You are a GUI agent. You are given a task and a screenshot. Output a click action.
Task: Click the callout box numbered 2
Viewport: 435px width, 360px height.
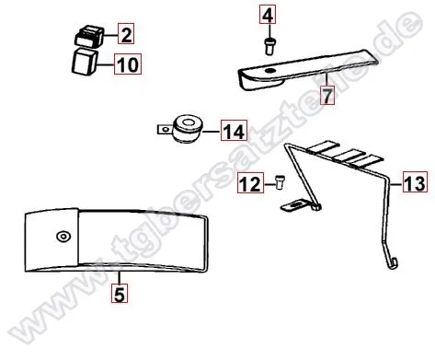point(125,36)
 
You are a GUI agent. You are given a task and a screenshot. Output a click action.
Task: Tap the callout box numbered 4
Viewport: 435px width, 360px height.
point(268,16)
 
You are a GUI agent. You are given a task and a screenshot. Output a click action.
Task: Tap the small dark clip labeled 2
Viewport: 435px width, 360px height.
point(87,38)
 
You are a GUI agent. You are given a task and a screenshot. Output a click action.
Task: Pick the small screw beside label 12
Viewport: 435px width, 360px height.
point(273,184)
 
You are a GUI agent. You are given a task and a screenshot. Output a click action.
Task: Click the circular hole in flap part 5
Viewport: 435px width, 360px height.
point(63,236)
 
